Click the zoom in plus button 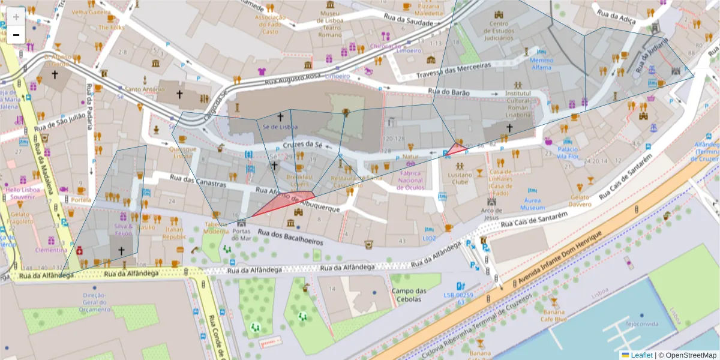coord(16,16)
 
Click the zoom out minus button coord(16,35)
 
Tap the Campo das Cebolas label coord(409,295)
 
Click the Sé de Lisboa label coord(280,127)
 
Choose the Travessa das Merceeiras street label coord(454,70)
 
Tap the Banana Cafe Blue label coord(553,316)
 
